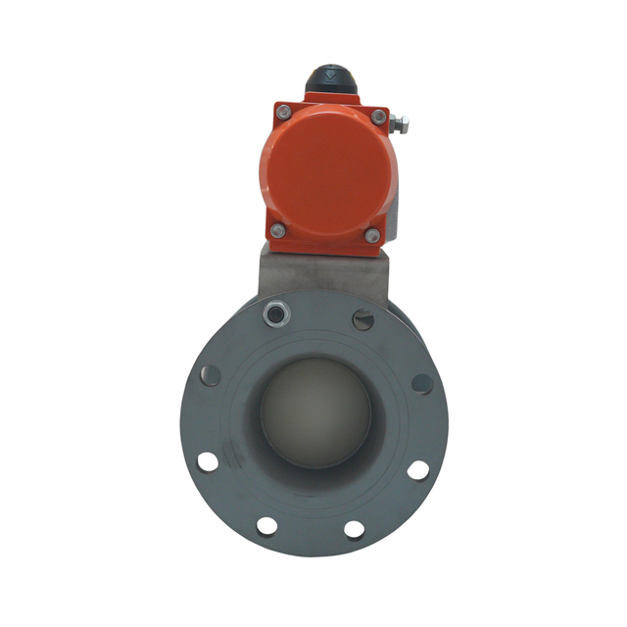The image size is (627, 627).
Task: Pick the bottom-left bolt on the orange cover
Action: click(278, 230)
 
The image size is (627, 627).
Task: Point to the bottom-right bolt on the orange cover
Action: click(371, 235)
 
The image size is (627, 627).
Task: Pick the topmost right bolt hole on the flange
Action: click(362, 318)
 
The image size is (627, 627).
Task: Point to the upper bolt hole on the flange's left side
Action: click(210, 374)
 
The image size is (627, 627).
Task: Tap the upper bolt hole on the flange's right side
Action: click(421, 383)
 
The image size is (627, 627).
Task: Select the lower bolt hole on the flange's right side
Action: click(418, 469)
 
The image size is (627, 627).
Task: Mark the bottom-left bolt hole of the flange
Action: click(266, 526)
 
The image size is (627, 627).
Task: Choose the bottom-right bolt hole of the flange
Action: click(354, 529)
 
